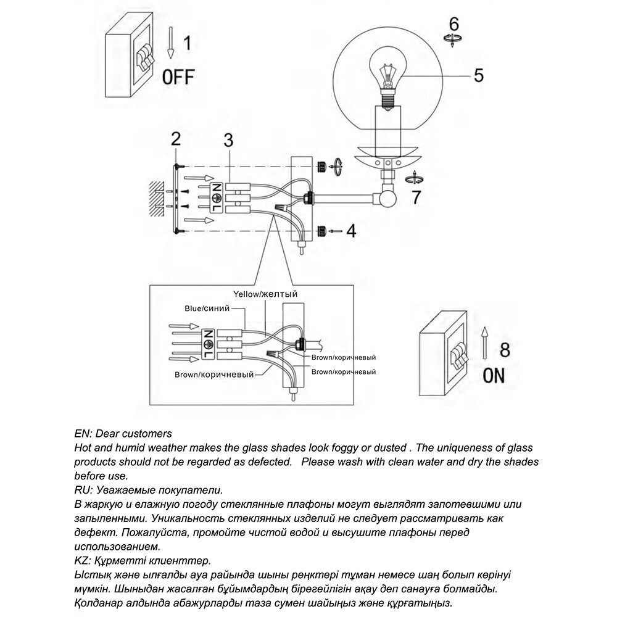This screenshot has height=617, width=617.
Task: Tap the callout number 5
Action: click(478, 75)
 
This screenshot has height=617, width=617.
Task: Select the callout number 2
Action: click(176, 138)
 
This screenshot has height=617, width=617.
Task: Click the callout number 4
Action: click(350, 231)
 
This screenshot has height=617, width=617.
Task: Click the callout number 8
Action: click(504, 350)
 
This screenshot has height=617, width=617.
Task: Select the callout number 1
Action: click(188, 44)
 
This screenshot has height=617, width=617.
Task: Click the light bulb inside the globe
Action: click(386, 77)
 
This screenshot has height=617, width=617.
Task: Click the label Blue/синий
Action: click(207, 307)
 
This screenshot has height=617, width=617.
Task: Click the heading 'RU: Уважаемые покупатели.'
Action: click(147, 490)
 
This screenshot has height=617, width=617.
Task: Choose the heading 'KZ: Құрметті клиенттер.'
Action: click(142, 560)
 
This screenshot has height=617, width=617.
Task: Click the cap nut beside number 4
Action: click(321, 231)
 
